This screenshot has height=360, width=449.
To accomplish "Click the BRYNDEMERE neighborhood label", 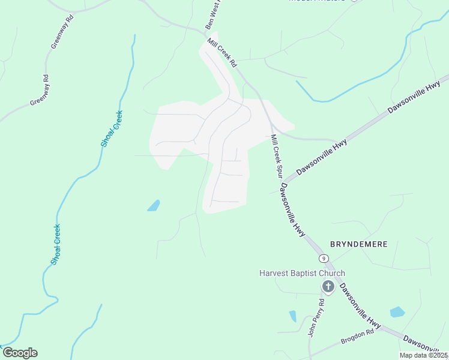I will [x=358, y=244].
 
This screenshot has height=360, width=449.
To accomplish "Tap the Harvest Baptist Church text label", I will [x=302, y=274].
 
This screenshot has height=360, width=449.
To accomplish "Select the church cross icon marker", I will [x=328, y=287].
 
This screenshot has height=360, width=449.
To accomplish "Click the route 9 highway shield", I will [x=324, y=259].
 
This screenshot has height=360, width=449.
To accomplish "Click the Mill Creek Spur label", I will [x=277, y=155].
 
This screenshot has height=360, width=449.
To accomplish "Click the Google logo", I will [x=20, y=353].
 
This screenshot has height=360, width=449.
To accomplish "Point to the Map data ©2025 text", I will [x=423, y=355].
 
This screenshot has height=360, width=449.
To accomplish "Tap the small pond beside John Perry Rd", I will [x=293, y=316].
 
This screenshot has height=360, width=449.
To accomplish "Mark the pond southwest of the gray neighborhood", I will [x=154, y=205].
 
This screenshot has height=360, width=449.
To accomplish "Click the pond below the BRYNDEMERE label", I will [x=397, y=312].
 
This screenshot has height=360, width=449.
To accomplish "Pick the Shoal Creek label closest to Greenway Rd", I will [x=112, y=128].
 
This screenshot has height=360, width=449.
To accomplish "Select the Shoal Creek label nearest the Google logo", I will [x=55, y=244].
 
